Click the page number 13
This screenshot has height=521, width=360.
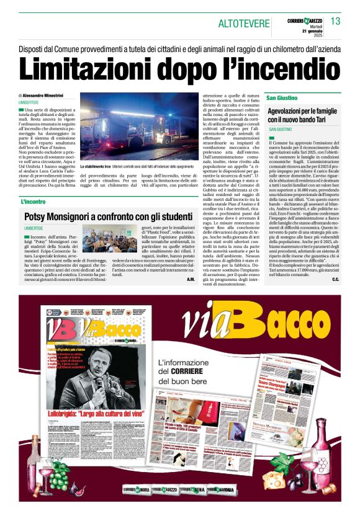pos(335,22)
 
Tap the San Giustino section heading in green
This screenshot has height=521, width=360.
pos(282,99)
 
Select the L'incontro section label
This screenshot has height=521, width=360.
pos(34,202)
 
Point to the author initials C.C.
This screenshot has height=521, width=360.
pos(335,280)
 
